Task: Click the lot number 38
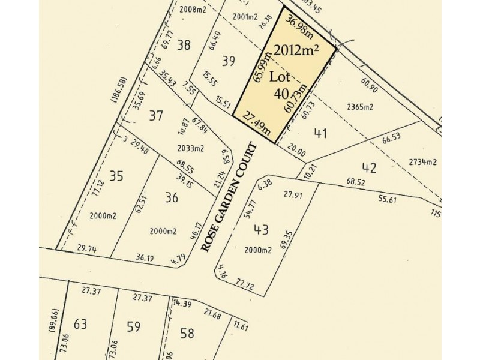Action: click(184, 44)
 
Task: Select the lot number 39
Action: click(228, 60)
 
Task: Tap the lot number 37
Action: click(156, 116)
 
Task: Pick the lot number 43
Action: click(262, 229)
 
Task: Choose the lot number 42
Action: click(368, 167)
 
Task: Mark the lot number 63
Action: click(80, 325)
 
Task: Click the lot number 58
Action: click(187, 333)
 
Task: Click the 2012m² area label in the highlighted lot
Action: click(296, 50)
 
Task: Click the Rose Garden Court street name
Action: click(229, 197)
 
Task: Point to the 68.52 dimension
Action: click(356, 181)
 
